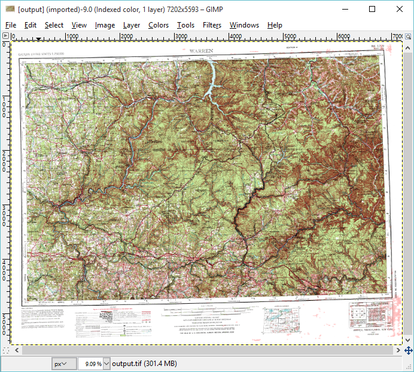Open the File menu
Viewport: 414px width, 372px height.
pyautogui.click(x=11, y=25)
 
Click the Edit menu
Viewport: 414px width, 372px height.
pyautogui.click(x=31, y=25)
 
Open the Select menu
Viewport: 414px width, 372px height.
pyautogui.click(x=54, y=25)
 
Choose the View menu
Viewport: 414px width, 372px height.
pyautogui.click(x=79, y=25)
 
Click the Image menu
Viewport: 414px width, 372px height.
pyautogui.click(x=105, y=25)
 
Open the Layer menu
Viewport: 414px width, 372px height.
pyautogui.click(x=132, y=25)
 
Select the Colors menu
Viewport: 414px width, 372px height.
pyautogui.click(x=159, y=25)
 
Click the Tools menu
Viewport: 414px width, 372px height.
pyautogui.click(x=185, y=25)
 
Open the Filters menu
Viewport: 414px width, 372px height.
pyautogui.click(x=212, y=25)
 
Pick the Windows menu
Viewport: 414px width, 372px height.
pyautogui.click(x=244, y=25)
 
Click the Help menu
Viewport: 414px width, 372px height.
pyautogui.click(x=275, y=25)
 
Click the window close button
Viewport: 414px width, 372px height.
pyautogui.click(x=399, y=9)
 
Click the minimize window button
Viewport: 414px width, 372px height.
pyautogui.click(x=345, y=9)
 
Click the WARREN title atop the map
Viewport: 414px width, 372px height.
pyautogui.click(x=201, y=51)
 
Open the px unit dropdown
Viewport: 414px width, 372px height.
pyautogui.click(x=65, y=363)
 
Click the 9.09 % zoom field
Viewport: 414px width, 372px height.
pyautogui.click(x=90, y=363)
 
